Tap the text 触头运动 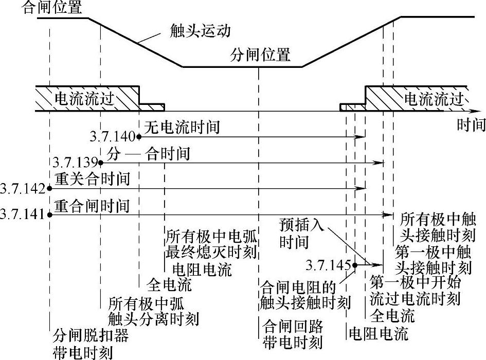pyautogui.click(x=200, y=31)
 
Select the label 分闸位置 pyautogui.click(x=260, y=55)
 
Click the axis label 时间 pyautogui.click(x=470, y=125)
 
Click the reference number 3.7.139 pyautogui.click(x=75, y=163)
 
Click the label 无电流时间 pyautogui.click(x=182, y=128)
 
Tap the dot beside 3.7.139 pyautogui.click(x=101, y=163)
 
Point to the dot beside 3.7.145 pyautogui.click(x=354, y=265)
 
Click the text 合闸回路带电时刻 pyautogui.click(x=292, y=334)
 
